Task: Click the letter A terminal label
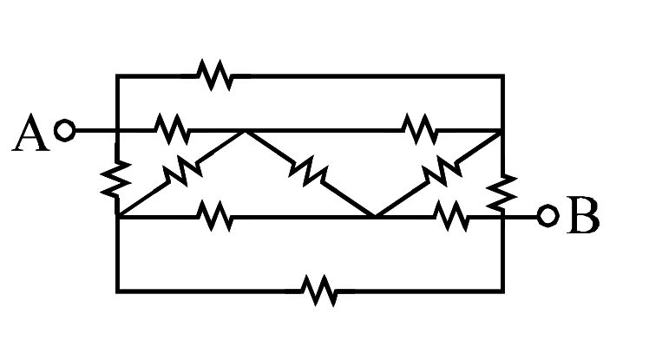[x=30, y=133]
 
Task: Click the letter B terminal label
[x=584, y=216]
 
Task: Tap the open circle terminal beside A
[x=65, y=130]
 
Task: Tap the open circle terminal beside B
[x=548, y=216]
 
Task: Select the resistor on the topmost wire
[x=214, y=75]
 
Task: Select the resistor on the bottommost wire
[x=319, y=291]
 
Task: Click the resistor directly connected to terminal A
[x=172, y=129]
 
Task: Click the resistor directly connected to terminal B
[x=451, y=216]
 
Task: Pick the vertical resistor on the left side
[x=116, y=179]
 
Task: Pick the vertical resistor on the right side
[x=501, y=192]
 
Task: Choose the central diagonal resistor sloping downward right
[x=308, y=171]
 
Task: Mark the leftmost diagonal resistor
[x=182, y=170]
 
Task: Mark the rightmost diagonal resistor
[x=442, y=170]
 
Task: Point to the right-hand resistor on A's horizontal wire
[x=420, y=129]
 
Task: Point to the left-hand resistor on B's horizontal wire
[x=214, y=216]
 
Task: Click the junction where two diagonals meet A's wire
[x=245, y=131]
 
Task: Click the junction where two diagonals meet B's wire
[x=375, y=216]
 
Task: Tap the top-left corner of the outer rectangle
[x=117, y=76]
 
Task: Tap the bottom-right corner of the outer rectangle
[x=503, y=291]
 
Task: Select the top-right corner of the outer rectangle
[x=503, y=76]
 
